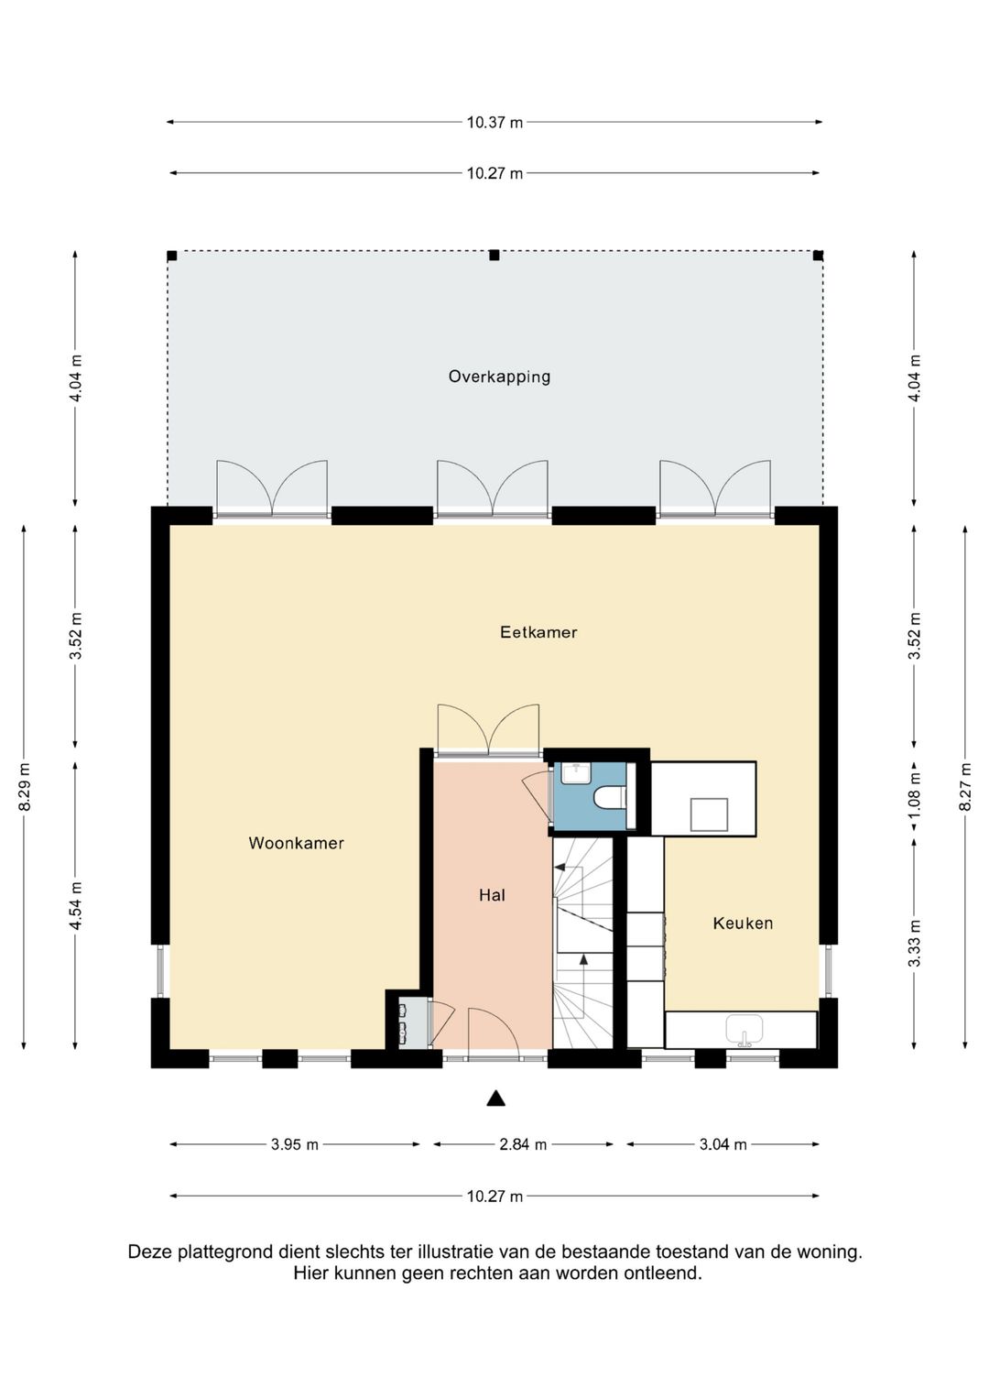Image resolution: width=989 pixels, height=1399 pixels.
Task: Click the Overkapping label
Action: coord(499,377)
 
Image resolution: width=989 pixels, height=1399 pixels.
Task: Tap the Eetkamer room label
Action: coord(538,632)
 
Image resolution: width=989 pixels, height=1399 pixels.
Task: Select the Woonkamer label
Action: coord(296,843)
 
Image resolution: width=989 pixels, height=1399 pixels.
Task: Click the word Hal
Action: coord(492,895)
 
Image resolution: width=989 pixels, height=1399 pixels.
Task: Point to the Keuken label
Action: coord(743,924)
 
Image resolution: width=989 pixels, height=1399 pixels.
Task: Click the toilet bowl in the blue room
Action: coord(608,798)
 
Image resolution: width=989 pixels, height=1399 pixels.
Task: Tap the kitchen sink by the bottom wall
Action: coord(744,1031)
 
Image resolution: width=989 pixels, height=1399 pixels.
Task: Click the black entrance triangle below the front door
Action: coord(495,1098)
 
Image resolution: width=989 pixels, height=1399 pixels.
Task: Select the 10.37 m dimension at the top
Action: coord(494,122)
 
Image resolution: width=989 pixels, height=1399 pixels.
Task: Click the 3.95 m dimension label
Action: coord(295,1144)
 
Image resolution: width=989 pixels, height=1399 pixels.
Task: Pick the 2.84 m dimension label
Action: coord(523,1144)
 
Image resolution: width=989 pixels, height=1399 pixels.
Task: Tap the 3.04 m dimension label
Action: coord(723,1144)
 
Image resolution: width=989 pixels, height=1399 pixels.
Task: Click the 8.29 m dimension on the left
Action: coord(25,786)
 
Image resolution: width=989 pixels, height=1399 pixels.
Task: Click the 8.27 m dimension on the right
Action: coord(965,786)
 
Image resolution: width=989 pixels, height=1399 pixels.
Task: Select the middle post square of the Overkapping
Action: coord(494,256)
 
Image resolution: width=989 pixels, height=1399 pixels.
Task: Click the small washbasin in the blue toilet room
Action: coord(575,773)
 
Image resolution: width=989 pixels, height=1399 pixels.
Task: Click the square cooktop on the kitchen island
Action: coord(709,814)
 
